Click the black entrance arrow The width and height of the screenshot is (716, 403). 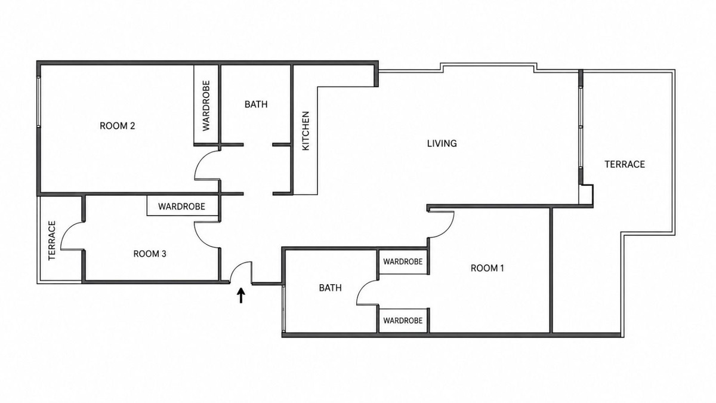pos(241,295)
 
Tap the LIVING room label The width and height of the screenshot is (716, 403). pos(442,143)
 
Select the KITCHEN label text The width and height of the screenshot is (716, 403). pos(306,131)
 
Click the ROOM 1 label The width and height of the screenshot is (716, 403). pos(487,268)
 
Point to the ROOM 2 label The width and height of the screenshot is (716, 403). pos(118,126)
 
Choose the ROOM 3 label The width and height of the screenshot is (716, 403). pos(150,254)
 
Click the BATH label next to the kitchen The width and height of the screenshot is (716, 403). pos(256,104)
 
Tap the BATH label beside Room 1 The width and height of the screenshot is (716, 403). pos(330,288)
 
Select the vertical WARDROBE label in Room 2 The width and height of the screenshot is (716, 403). pos(206,106)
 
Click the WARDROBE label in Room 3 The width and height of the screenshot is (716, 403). pos(181,207)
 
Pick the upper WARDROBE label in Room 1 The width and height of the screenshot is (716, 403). pos(403,262)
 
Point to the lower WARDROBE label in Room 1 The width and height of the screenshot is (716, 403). pos(403,321)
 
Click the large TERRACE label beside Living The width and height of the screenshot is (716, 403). pos(625,164)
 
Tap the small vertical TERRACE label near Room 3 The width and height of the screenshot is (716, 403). pos(52,241)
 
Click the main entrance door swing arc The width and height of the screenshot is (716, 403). pos(237,267)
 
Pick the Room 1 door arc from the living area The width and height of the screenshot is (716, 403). pos(447,231)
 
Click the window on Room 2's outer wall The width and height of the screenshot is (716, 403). pos(39,102)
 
